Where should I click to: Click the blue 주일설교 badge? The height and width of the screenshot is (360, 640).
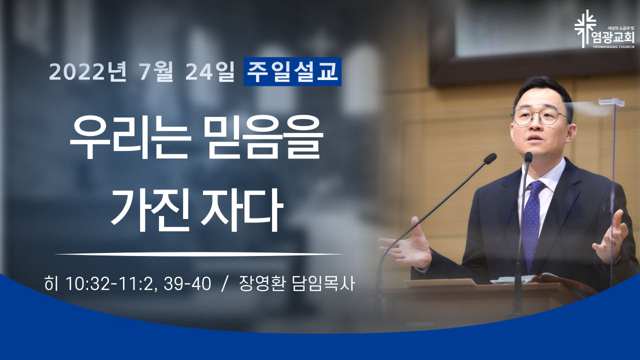292,71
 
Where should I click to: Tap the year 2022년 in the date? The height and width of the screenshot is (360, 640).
87,71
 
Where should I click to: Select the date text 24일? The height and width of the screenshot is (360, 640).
210,71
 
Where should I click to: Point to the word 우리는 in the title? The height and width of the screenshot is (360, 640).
129,138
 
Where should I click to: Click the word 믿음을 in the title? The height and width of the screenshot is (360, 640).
265,138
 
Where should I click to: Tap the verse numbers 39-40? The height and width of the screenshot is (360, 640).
187,284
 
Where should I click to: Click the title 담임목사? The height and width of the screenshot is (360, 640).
323,283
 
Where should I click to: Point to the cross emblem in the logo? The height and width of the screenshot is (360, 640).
585,28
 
